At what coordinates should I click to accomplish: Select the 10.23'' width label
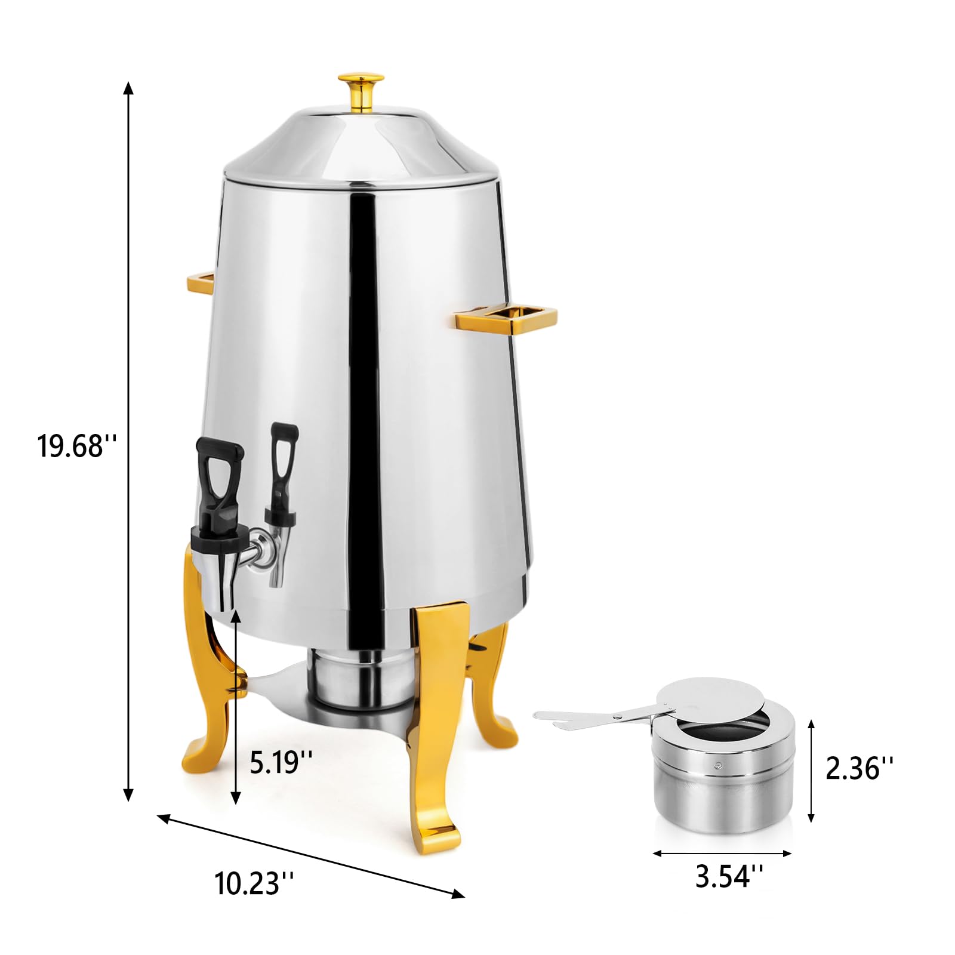[x=254, y=883]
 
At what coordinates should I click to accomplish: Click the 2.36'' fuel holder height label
[x=860, y=768]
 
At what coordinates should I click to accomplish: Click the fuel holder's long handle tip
[x=540, y=715]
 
